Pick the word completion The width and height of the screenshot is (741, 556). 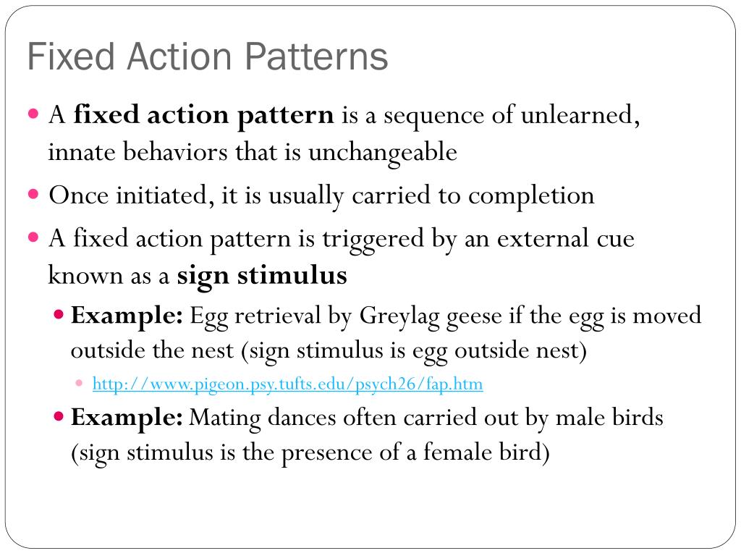click(531, 195)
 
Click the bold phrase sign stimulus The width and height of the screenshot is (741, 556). click(262, 276)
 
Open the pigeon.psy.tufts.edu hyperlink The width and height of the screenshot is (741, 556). click(287, 384)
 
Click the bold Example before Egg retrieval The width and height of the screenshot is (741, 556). click(127, 316)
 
